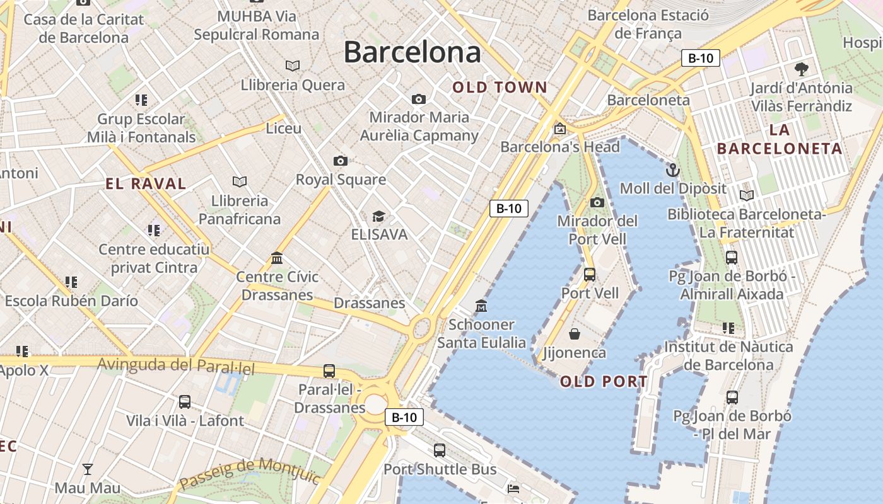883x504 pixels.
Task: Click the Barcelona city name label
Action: [x=412, y=52]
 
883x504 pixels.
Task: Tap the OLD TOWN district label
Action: [x=500, y=88]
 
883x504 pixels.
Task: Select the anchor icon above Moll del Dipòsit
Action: [x=673, y=169]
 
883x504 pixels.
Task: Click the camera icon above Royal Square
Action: [x=341, y=161]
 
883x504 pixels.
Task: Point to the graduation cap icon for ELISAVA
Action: [x=378, y=217]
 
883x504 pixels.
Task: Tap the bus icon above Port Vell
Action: [x=590, y=275]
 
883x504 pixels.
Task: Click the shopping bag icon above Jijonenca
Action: [x=575, y=334]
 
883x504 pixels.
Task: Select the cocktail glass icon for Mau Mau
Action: [x=88, y=469]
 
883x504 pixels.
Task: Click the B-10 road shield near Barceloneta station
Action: [x=701, y=59]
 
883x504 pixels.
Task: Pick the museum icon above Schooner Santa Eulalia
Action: [x=481, y=306]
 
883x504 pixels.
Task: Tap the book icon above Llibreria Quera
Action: [x=293, y=66]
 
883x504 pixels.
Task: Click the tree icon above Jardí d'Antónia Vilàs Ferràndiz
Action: [x=802, y=69]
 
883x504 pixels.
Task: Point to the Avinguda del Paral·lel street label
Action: [x=176, y=365]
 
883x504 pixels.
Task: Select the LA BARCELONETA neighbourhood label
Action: [x=780, y=140]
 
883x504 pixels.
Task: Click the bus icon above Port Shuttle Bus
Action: [x=440, y=450]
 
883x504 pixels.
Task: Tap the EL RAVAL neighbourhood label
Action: [x=146, y=184]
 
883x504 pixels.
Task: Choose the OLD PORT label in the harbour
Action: [x=604, y=381]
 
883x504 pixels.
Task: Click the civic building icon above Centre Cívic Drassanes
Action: [x=277, y=258]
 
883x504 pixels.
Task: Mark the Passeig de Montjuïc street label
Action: [x=250, y=473]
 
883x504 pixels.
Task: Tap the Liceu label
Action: [x=284, y=129]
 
